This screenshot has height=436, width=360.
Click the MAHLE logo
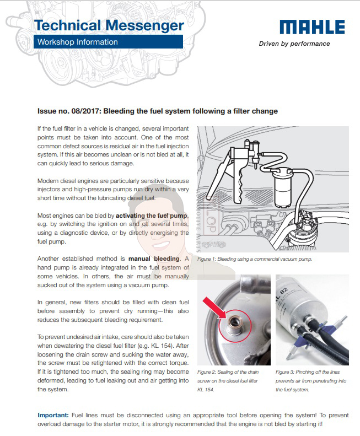coord(312,27)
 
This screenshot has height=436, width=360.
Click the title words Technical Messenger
coord(109,25)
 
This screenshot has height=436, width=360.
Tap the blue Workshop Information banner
coord(108,42)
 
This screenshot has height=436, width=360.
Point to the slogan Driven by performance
coord(294,44)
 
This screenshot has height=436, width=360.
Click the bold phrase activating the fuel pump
coord(152,214)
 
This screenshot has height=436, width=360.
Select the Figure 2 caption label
coord(211,372)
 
